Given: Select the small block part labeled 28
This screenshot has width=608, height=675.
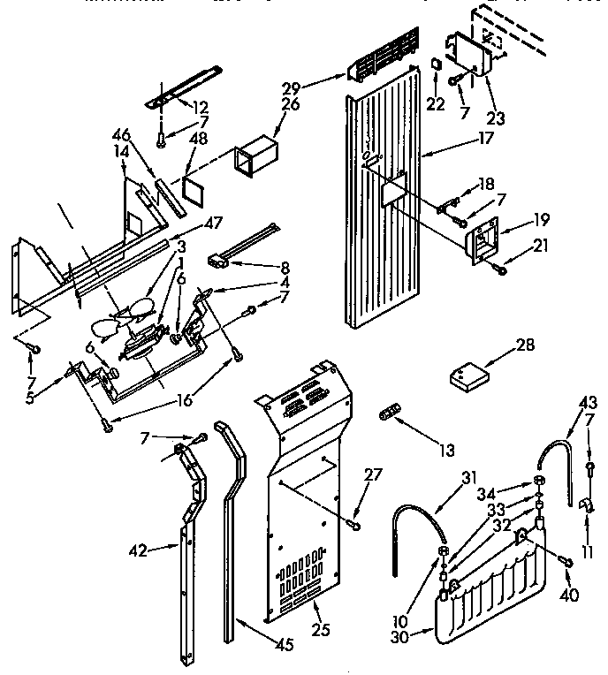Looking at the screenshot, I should [x=468, y=377].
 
